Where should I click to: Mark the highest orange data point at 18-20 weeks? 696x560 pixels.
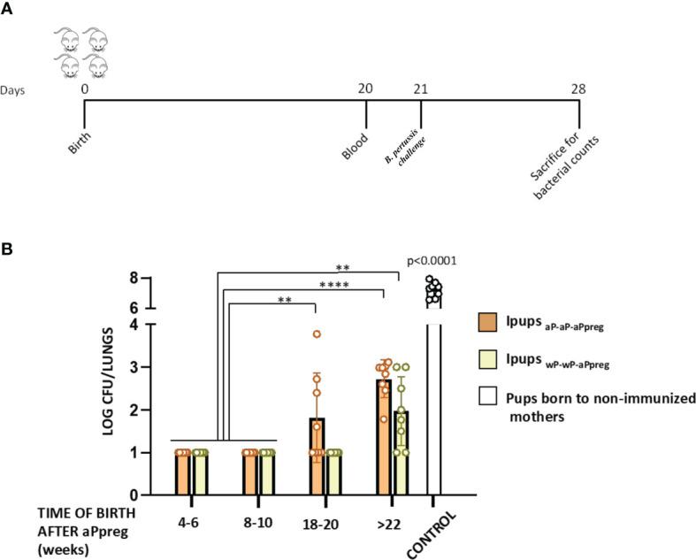click(316, 334)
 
